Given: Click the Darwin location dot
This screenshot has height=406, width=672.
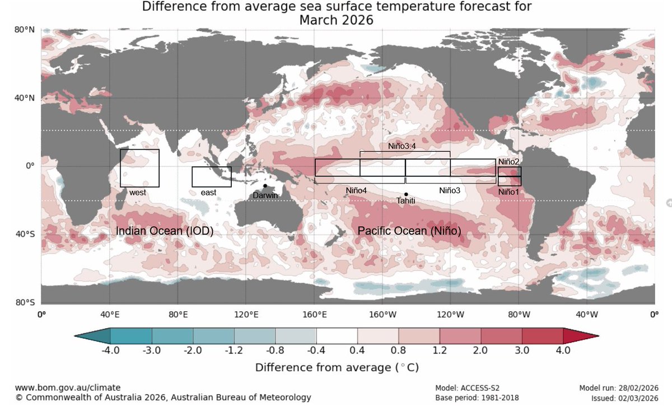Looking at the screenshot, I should tap(265, 186).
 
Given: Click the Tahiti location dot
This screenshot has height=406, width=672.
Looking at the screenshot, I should tap(406, 194).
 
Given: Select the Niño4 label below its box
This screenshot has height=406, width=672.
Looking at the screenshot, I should tap(356, 190).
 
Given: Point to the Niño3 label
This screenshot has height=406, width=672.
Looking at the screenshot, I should tap(449, 190).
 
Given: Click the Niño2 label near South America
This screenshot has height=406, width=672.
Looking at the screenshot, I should tap(509, 161).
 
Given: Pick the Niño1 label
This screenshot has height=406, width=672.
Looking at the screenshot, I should tap(509, 192).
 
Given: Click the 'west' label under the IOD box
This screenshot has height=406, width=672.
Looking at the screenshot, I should tap(138, 192).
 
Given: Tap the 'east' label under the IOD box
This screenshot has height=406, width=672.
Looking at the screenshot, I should tap(208, 192).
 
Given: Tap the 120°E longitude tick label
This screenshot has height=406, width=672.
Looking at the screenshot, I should tap(246, 314).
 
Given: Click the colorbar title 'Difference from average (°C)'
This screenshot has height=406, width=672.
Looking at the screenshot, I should tap(337, 368).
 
